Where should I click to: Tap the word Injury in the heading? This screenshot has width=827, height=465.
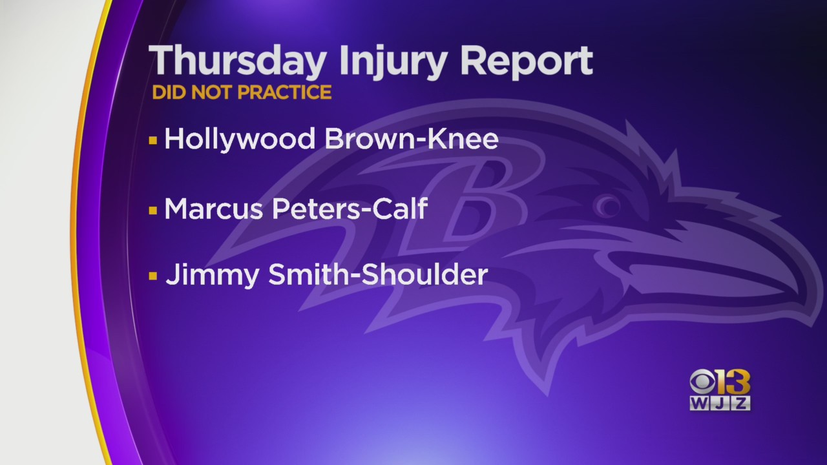393,61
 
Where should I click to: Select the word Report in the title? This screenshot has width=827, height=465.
526,61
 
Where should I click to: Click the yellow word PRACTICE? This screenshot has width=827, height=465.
284,92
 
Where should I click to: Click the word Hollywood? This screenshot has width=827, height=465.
239,139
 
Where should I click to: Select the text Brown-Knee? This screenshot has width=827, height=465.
412,139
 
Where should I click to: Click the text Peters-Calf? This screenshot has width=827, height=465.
350,209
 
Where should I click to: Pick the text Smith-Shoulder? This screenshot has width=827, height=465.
378,274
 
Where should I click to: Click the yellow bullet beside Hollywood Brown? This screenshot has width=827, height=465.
153,141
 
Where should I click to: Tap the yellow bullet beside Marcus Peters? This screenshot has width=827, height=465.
153,211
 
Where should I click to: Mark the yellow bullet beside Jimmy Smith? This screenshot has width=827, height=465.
153,276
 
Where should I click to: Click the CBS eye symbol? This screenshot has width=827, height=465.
702,382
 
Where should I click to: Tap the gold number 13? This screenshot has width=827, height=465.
733,382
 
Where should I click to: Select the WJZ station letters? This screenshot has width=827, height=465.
720,404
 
